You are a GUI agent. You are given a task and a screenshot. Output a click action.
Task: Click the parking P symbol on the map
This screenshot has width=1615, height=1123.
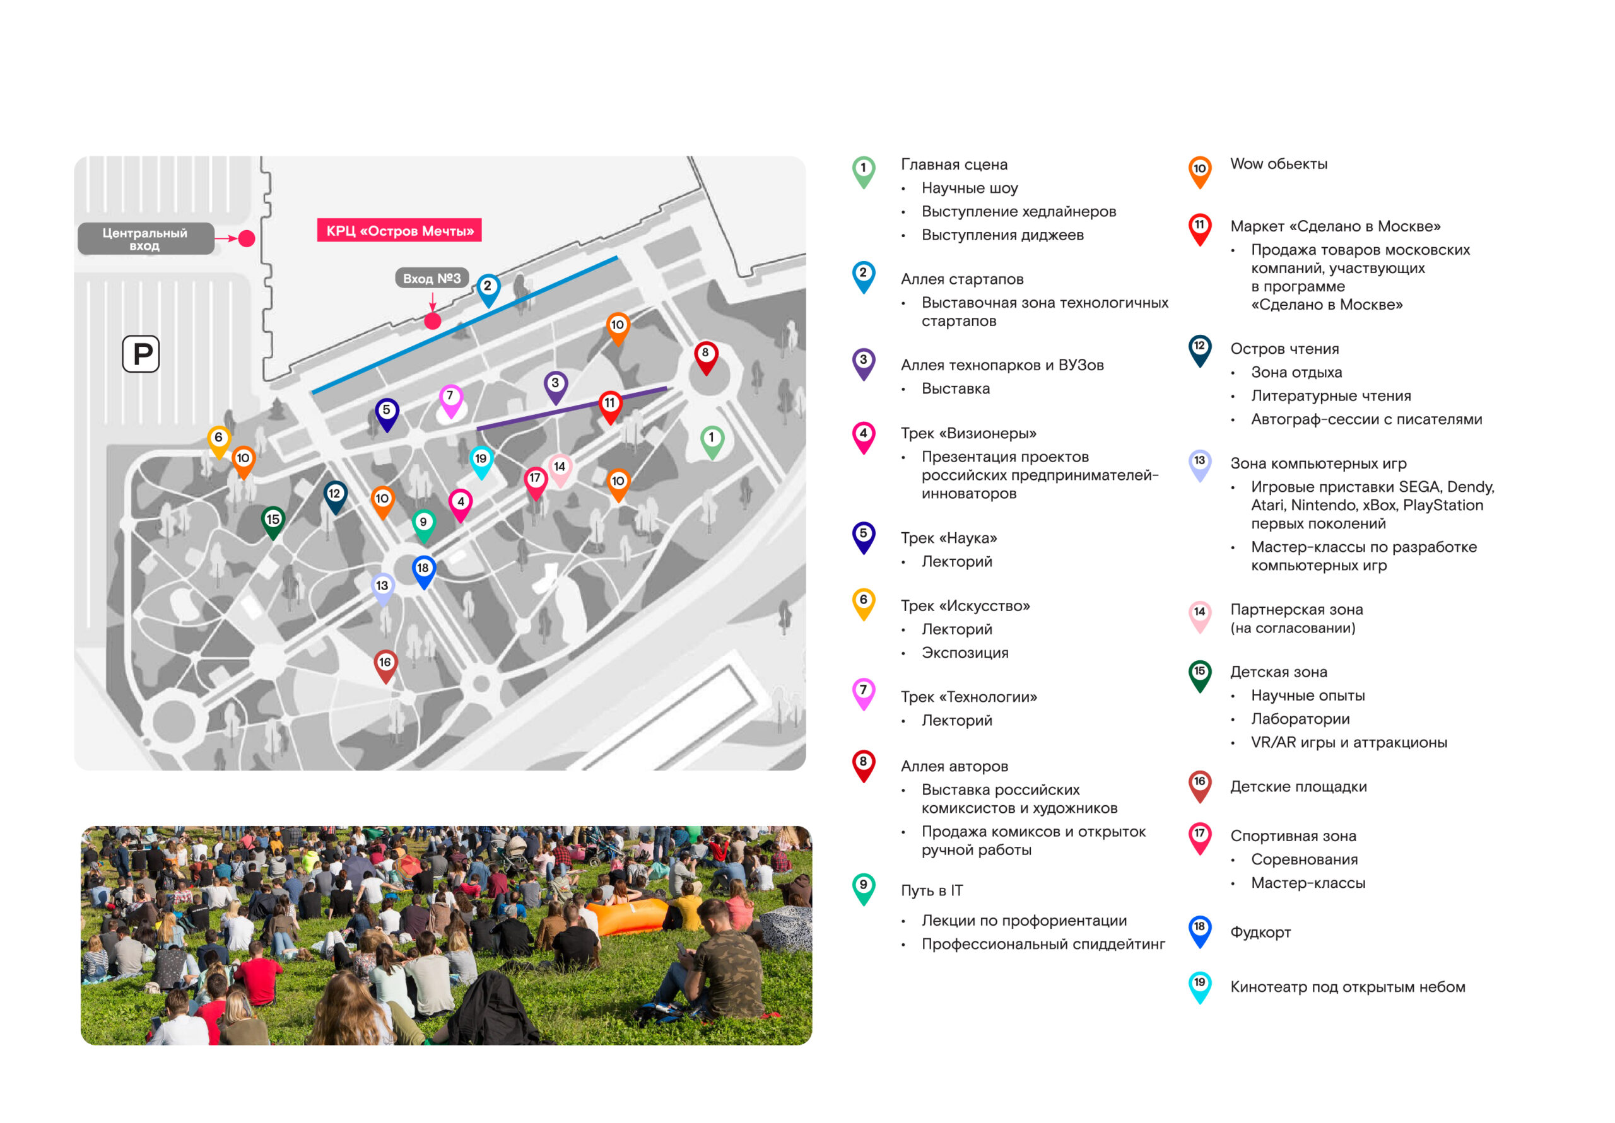coord(141,354)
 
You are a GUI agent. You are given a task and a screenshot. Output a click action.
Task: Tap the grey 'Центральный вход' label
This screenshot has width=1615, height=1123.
coord(146,239)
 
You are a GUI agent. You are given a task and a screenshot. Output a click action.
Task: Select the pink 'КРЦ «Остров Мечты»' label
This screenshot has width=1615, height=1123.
coord(399,231)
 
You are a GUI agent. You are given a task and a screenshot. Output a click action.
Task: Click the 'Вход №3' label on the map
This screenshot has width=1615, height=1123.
coord(432,279)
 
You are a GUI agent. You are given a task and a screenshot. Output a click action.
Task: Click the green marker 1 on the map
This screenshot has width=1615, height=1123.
coord(712,442)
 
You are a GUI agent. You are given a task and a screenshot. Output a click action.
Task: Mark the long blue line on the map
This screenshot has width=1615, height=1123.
coord(465,325)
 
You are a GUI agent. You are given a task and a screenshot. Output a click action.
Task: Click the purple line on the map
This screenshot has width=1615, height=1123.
coord(572,408)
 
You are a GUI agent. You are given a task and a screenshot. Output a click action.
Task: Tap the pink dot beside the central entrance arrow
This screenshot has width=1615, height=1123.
coord(247,238)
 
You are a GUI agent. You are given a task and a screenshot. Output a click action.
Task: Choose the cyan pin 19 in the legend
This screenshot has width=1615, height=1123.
coord(1199,987)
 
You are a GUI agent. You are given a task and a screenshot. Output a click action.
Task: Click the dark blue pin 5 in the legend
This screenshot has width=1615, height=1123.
coord(864,537)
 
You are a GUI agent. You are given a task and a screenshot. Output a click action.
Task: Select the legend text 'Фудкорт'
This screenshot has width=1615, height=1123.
coord(1260,933)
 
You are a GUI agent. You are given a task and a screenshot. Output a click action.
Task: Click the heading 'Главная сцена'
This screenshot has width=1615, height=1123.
coord(954,165)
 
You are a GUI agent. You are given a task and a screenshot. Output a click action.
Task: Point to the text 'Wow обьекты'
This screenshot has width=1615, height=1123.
coord(1279,164)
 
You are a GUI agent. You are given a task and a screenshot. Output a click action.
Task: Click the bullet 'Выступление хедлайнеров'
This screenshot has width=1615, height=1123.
coord(1018,212)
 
